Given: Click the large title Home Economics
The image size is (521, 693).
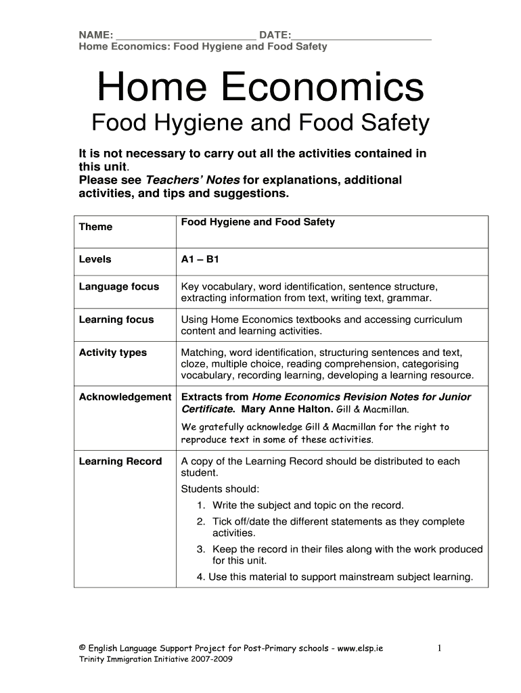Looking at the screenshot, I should click(x=260, y=89).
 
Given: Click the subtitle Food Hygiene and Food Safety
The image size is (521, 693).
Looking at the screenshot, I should click(x=260, y=123).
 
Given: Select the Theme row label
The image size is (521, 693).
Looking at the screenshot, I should click(x=95, y=227).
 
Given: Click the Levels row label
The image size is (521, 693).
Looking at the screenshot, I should click(x=95, y=259).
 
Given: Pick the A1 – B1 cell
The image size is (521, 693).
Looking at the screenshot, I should click(x=199, y=259).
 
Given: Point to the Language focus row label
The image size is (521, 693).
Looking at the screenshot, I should click(x=119, y=286).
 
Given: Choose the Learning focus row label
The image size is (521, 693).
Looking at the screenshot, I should click(x=116, y=319).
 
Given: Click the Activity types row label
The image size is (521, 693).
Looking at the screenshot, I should click(x=113, y=353).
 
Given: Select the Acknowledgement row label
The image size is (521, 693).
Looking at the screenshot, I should click(x=125, y=397).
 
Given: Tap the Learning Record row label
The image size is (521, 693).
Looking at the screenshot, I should click(x=120, y=462).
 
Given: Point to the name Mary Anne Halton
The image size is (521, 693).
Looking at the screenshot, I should click(x=294, y=409).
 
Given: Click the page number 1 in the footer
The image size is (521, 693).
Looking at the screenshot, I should click(x=438, y=648).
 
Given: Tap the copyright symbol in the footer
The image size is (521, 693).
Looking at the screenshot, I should click(x=83, y=648).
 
